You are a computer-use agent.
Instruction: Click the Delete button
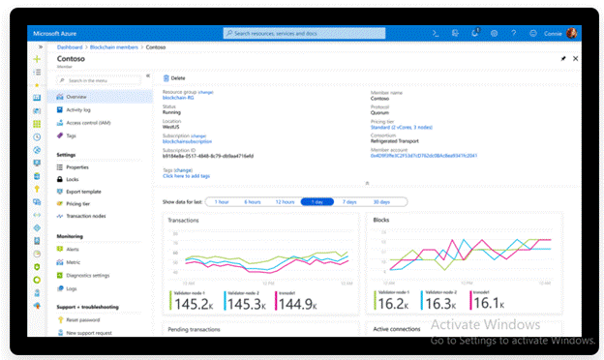coord(175,77)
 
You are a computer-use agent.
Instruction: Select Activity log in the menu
coord(79,110)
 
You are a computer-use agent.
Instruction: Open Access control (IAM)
coord(87,123)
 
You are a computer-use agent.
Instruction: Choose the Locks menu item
coord(73,179)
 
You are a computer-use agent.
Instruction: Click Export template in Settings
coord(83,192)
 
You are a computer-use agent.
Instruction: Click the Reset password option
coord(82,319)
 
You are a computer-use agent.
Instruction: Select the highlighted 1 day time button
coord(317,201)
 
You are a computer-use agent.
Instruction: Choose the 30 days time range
coord(381,201)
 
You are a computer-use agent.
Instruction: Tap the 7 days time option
coord(349,201)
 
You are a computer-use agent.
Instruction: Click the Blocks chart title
coord(381,220)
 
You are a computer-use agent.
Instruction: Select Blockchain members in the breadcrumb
coord(114,46)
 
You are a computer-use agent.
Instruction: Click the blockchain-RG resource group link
coord(178,98)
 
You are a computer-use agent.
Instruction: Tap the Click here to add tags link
coord(187,176)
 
